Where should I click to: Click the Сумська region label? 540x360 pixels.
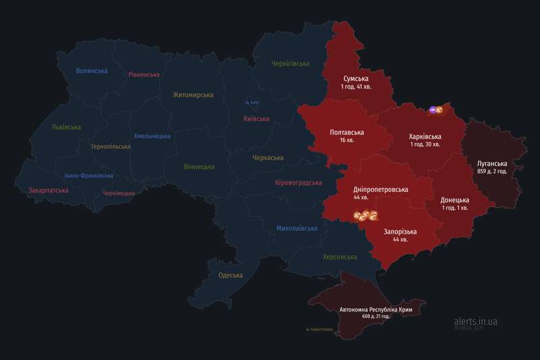356,78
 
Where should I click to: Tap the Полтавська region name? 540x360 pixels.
347,132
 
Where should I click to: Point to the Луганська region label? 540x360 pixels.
491,163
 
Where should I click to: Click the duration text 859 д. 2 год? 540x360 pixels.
491,172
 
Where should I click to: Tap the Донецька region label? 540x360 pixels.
454,200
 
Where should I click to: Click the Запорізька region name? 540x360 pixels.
400,232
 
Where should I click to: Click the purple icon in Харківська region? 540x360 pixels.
433,109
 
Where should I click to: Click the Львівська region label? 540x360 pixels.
65,127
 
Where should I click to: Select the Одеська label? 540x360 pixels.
231,275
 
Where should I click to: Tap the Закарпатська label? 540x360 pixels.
48,190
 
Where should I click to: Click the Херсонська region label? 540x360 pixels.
340,257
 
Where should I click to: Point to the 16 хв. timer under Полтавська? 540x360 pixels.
347,140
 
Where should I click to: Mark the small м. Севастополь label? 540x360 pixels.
319,330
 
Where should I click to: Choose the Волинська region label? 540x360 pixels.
92,71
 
